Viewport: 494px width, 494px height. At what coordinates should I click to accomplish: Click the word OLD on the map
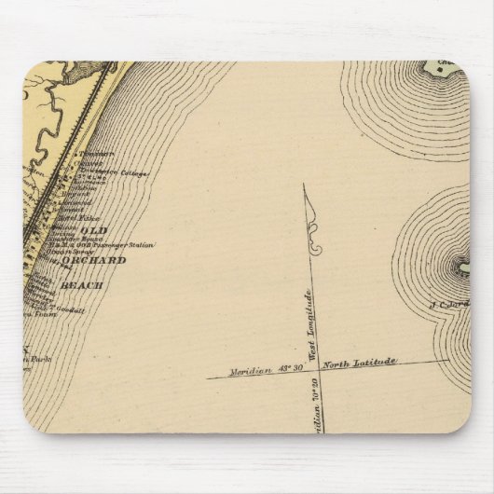click(x=94, y=229)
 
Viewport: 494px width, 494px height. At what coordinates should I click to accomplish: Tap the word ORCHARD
click(x=102, y=260)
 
